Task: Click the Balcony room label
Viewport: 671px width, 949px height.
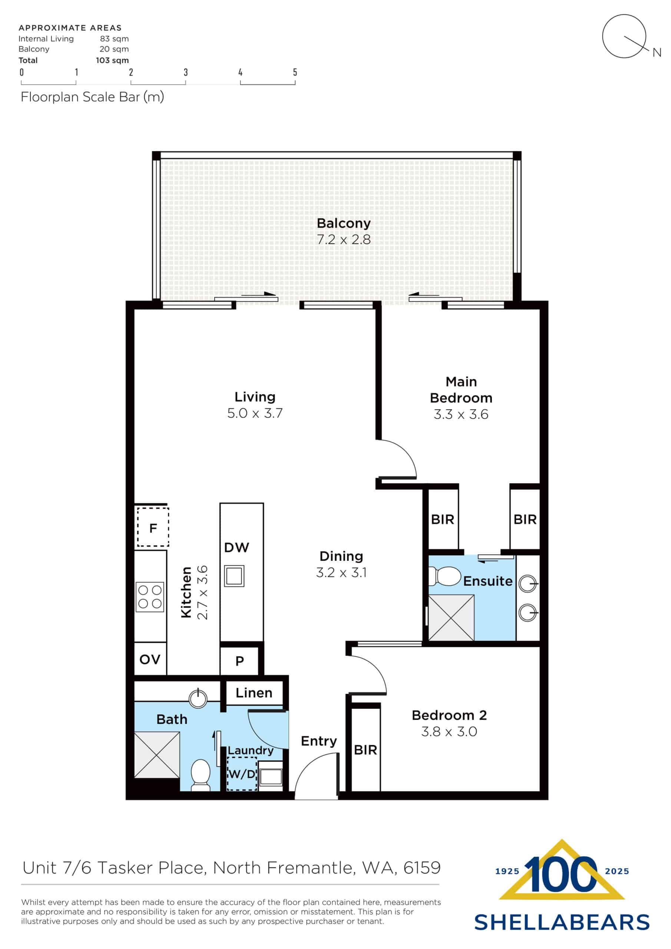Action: click(343, 223)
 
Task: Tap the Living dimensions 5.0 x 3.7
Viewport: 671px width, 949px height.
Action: click(255, 413)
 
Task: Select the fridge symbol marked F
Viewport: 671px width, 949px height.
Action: click(153, 528)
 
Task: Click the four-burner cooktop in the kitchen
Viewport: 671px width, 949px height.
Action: click(150, 597)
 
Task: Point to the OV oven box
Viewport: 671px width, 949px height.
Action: click(150, 659)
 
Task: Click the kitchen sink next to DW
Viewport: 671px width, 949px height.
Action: click(234, 576)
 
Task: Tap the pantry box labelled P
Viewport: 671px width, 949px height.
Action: click(239, 661)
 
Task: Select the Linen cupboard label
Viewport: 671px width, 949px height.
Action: click(254, 692)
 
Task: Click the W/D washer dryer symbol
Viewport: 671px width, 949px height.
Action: click(242, 774)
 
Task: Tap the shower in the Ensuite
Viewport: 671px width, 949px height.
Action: click(451, 618)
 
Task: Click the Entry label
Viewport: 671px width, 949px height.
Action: click(318, 741)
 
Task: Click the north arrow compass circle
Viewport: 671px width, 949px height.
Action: click(624, 36)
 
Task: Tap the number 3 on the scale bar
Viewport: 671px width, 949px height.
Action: click(186, 72)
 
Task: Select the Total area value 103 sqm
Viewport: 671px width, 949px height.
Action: click(112, 60)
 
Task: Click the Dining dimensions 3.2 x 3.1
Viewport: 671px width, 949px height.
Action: click(341, 572)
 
